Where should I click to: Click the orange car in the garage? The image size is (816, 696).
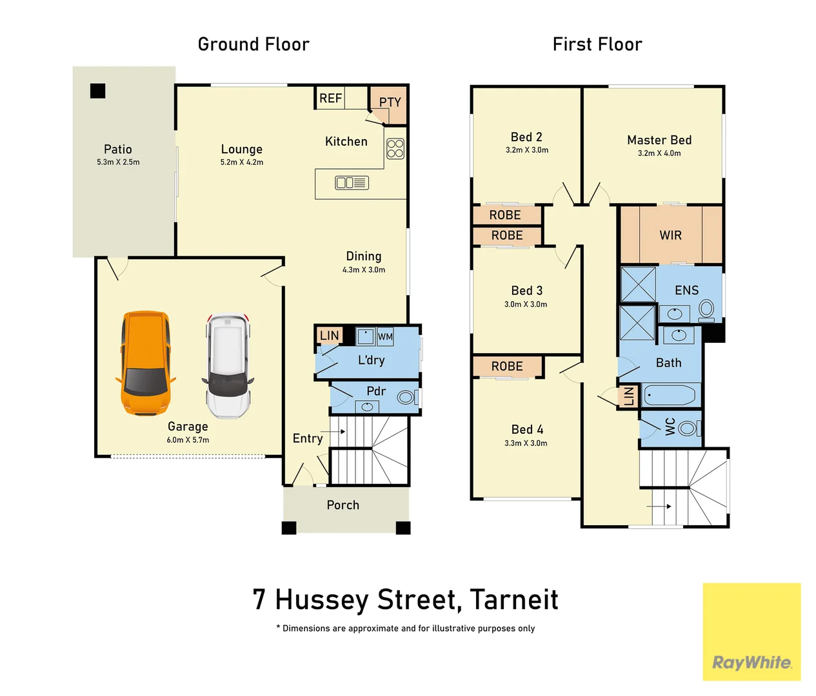pos(145,363)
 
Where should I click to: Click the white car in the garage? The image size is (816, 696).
pos(228,365)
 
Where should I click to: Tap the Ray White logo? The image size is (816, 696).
pos(751,662)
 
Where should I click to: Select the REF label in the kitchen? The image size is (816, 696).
pos(330,98)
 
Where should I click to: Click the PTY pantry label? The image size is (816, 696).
pos(390,102)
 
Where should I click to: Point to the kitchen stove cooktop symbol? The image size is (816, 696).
pos(395,149)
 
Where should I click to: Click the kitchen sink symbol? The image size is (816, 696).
pos(352,183)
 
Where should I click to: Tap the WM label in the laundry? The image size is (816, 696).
pos(385,337)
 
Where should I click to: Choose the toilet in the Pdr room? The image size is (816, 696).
pos(407,397)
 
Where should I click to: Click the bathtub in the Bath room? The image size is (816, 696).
pos(669,395)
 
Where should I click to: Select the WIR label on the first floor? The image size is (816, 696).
pos(670,235)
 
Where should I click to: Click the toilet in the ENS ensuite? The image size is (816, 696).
pos(706,310)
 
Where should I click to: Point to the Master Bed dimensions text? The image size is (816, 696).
pos(659,153)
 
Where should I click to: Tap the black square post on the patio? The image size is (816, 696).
pos(97,91)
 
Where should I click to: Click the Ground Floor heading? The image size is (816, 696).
pos(254,44)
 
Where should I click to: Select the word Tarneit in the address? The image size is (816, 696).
pos(514,599)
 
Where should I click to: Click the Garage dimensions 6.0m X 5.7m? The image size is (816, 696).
pos(188,440)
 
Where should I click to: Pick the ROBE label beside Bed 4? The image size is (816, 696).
pos(507,366)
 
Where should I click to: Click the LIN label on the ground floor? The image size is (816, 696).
pos(329,336)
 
